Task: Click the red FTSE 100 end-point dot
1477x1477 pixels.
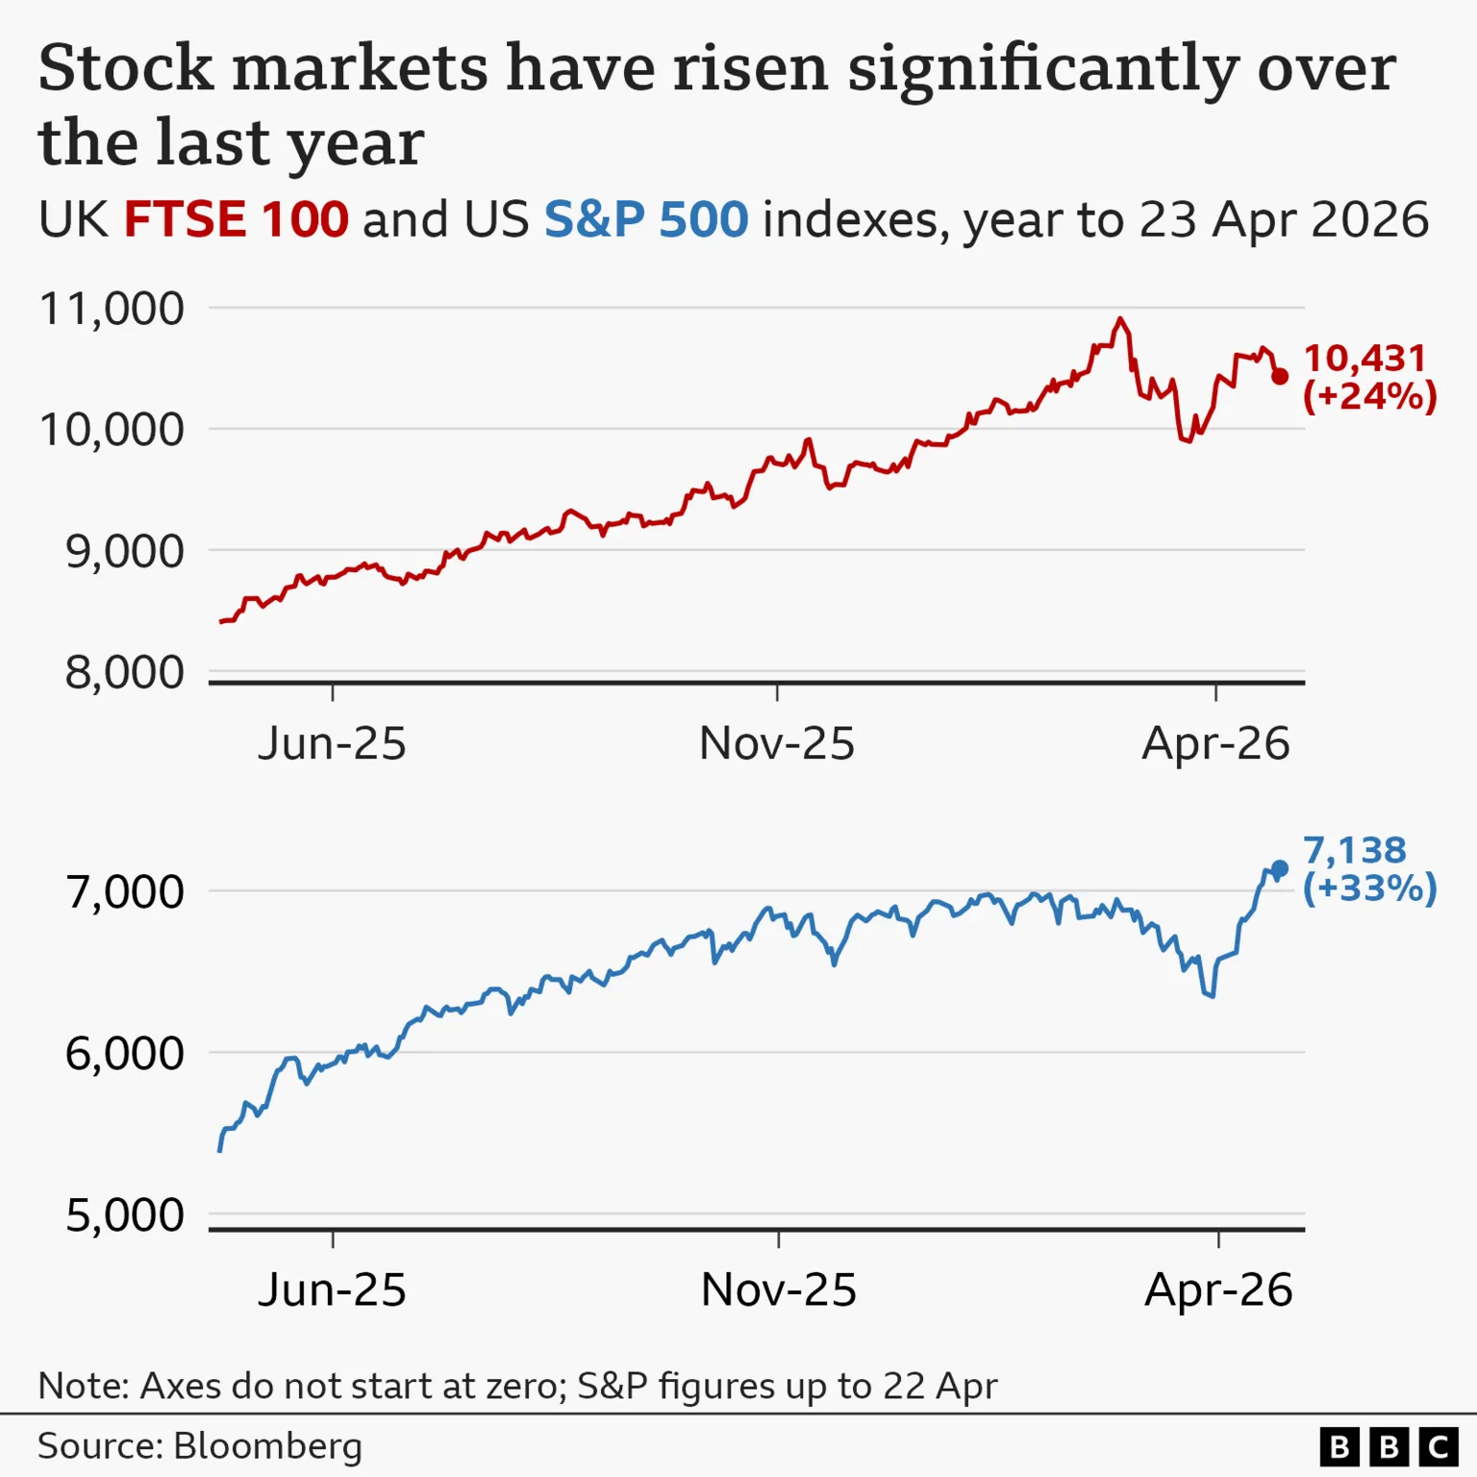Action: tap(1279, 376)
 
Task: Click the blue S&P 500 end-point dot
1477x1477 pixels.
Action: tap(1279, 869)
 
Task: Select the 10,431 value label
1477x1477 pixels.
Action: tap(1364, 359)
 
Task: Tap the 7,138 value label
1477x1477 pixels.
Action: tap(1354, 851)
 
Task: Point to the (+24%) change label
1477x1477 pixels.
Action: tap(1369, 396)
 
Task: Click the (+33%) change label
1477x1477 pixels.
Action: tap(1369, 889)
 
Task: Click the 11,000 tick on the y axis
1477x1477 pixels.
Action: tap(112, 310)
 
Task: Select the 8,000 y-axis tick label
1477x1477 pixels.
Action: tap(124, 673)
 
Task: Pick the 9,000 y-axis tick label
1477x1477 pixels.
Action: tap(124, 552)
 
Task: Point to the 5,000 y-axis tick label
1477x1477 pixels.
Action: tap(124, 1215)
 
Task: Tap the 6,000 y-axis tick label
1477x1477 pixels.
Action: tap(124, 1054)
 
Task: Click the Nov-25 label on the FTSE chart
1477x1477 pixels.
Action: tap(776, 744)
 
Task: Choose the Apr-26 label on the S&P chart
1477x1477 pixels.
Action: tap(1218, 1290)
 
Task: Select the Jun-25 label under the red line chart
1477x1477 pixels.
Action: tap(332, 744)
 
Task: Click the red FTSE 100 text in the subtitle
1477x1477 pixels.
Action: tap(236, 220)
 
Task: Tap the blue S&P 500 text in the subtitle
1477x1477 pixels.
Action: tap(645, 220)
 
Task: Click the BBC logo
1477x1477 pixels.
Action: tap(1389, 1447)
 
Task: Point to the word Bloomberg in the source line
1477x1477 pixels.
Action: tap(267, 1446)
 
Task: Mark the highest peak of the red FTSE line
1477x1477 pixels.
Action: tap(1119, 319)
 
